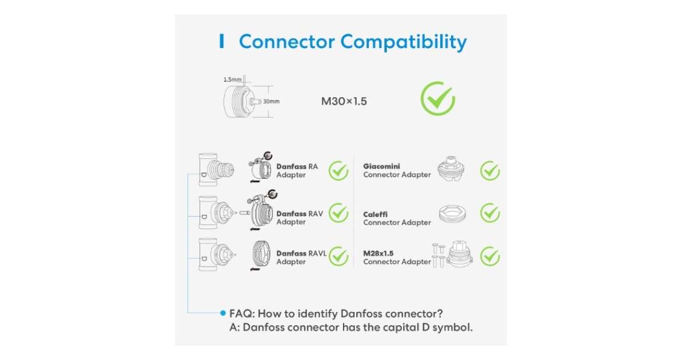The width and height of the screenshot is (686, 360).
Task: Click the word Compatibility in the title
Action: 404,42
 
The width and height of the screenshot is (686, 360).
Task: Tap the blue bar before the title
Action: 222,41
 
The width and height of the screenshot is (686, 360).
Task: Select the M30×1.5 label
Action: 344,102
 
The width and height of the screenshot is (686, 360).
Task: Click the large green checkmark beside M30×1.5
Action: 437,99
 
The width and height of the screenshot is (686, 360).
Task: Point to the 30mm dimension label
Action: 271,102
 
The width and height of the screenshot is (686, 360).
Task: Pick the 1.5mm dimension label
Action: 232,79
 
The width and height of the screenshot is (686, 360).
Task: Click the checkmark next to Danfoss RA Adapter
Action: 338,170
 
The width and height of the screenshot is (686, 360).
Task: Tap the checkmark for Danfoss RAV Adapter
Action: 338,213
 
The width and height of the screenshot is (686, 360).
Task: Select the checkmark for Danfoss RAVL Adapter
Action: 338,255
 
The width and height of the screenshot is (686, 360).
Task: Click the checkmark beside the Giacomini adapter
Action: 490,170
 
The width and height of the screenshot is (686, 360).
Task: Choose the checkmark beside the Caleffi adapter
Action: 490,213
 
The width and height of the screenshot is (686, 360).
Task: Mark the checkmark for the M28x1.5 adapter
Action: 490,255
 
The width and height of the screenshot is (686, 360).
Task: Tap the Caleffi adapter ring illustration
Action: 454,214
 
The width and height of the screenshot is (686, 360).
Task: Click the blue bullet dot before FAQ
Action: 223,313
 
